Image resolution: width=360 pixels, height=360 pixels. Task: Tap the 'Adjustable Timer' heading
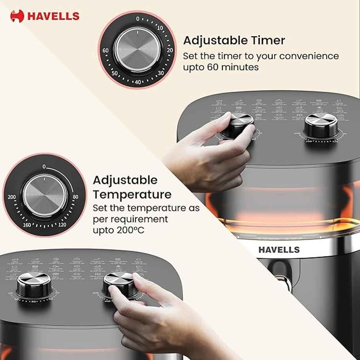234,40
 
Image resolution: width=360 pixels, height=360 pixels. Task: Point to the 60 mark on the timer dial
106,51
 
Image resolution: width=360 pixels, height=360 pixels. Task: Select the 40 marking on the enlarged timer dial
138,82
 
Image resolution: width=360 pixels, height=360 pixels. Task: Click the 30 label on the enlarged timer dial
161,73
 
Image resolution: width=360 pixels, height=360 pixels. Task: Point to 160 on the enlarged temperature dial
27,224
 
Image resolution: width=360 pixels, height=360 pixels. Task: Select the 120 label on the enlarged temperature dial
62,224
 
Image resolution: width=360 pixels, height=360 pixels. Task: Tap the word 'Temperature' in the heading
132,194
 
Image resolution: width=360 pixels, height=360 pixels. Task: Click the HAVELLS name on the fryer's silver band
279,250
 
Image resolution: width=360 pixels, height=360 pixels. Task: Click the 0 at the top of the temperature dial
44,167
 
